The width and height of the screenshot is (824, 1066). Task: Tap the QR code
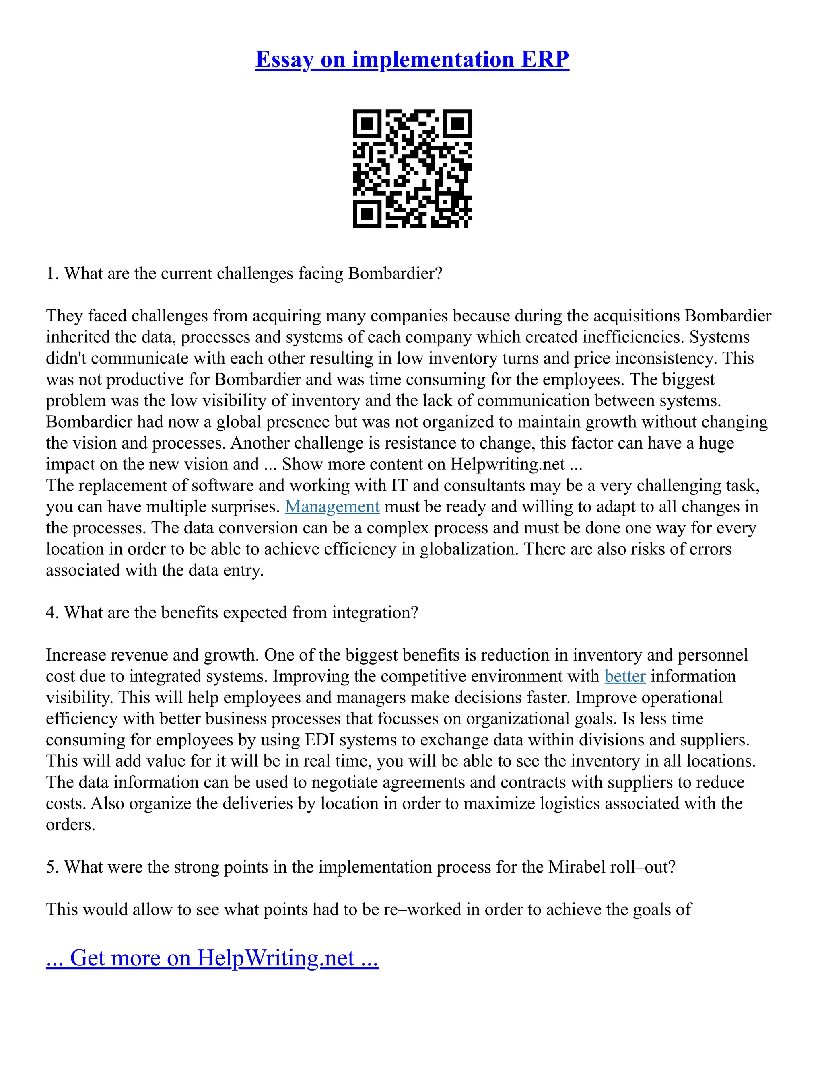[x=412, y=169]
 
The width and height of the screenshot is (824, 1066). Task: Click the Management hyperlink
[x=332, y=506]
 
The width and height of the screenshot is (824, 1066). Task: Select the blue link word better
[x=625, y=676]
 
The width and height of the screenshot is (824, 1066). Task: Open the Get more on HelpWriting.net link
[x=212, y=958]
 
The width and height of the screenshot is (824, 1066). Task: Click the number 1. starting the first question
[x=52, y=273]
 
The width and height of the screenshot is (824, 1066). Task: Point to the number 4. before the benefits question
[x=52, y=613]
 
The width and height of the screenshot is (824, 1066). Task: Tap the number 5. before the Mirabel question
[x=52, y=867]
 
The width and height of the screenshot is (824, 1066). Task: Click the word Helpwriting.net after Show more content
[x=507, y=464]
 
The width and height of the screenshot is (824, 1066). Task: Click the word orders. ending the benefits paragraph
[x=70, y=825]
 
